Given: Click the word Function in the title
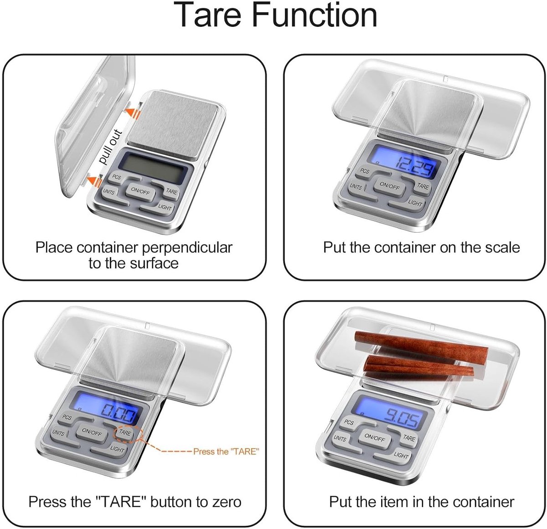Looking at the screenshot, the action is pos(315,15).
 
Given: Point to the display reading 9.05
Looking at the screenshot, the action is pos(391,412).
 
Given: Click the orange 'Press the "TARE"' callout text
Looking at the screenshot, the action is pos(226,452).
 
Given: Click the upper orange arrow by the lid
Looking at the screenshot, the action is pos(132,111).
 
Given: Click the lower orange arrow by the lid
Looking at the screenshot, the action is pos(94,180).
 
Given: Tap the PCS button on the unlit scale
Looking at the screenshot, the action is pos(116,177).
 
